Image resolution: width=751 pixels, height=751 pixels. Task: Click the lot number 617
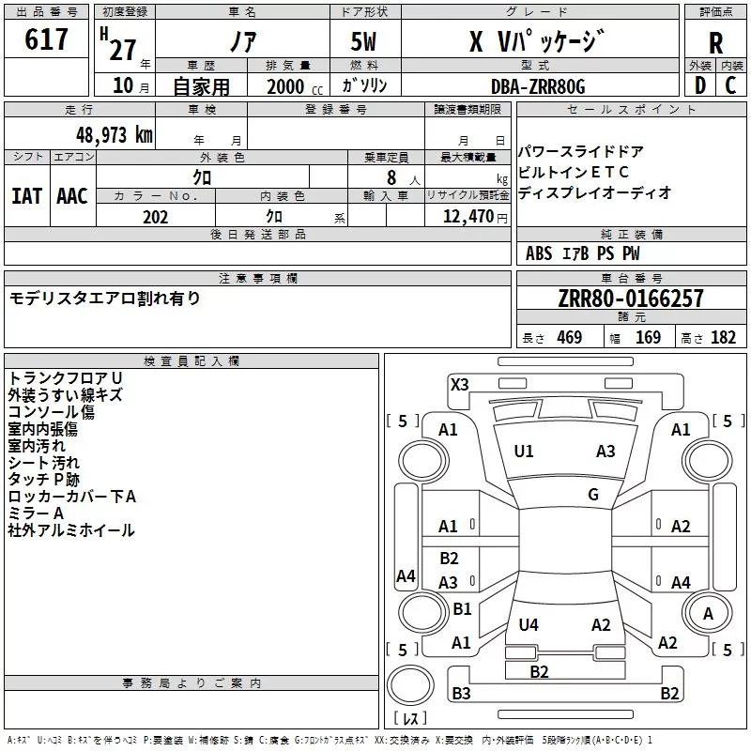[48, 39]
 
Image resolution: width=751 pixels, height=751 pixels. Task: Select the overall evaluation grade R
[715, 43]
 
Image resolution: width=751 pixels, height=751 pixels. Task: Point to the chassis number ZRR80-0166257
[630, 299]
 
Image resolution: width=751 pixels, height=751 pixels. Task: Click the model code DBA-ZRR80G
[538, 86]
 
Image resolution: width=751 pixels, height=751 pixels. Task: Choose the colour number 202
[155, 217]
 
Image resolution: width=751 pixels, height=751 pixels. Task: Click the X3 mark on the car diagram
[459, 384]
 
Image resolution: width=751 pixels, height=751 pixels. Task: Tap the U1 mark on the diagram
[524, 452]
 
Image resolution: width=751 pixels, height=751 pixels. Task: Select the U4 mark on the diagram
[529, 624]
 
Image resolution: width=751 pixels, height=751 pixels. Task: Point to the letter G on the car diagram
[593, 495]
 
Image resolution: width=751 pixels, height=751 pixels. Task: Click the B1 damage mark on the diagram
[462, 609]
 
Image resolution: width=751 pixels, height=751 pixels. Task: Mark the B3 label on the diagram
[461, 694]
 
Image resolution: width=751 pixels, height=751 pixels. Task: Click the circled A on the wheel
[708, 614]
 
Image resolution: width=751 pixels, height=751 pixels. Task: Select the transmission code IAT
[26, 196]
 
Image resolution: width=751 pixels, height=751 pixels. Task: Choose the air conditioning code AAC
[72, 196]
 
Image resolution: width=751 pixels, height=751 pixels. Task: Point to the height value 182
[723, 338]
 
